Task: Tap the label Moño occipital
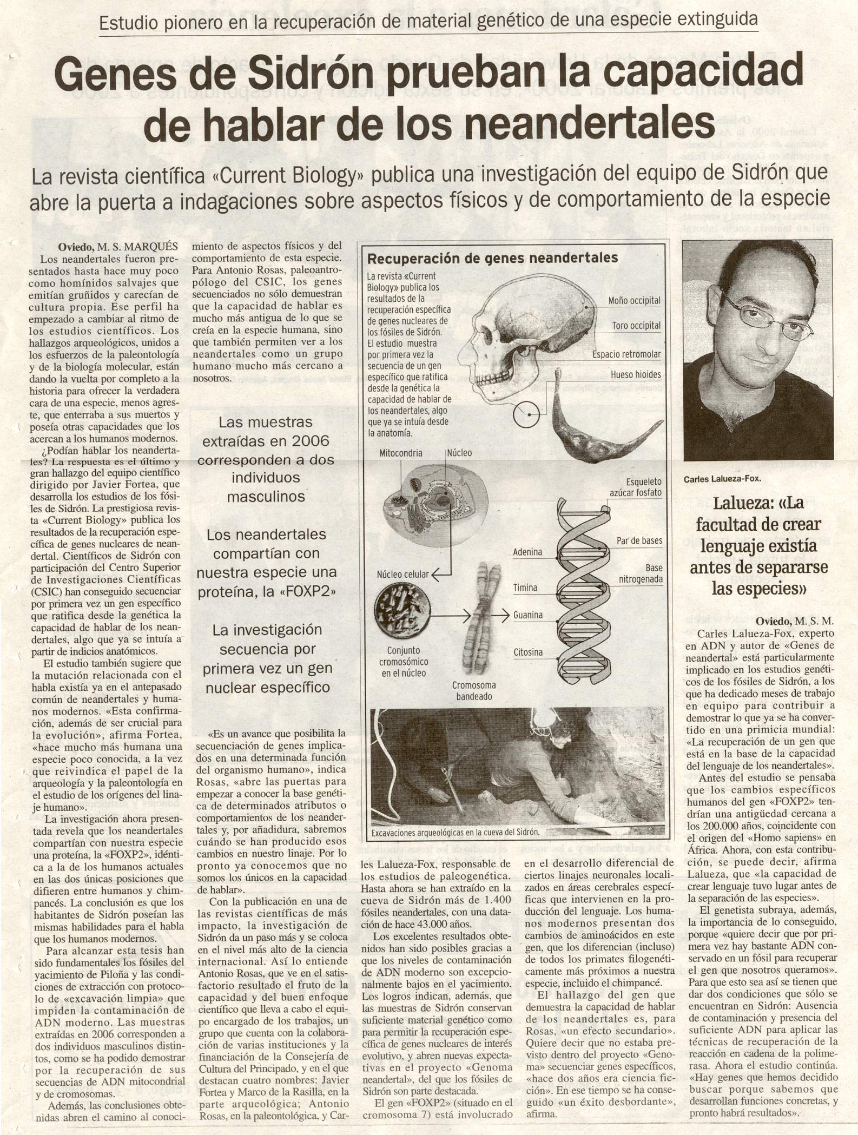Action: pyautogui.click(x=634, y=300)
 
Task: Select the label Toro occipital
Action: pyautogui.click(x=636, y=326)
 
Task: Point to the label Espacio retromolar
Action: pyautogui.click(x=626, y=354)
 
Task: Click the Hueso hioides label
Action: pyautogui.click(x=636, y=374)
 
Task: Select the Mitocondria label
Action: pyautogui.click(x=401, y=453)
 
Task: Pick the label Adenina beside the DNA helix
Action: pyautogui.click(x=527, y=552)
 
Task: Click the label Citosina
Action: pyautogui.click(x=527, y=652)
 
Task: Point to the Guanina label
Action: pyautogui.click(x=527, y=615)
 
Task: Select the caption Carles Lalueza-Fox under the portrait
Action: pyautogui.click(x=722, y=479)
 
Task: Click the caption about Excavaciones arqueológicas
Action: pyautogui.click(x=455, y=833)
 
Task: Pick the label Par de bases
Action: pyautogui.click(x=639, y=540)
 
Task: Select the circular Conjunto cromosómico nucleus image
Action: pyautogui.click(x=403, y=610)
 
